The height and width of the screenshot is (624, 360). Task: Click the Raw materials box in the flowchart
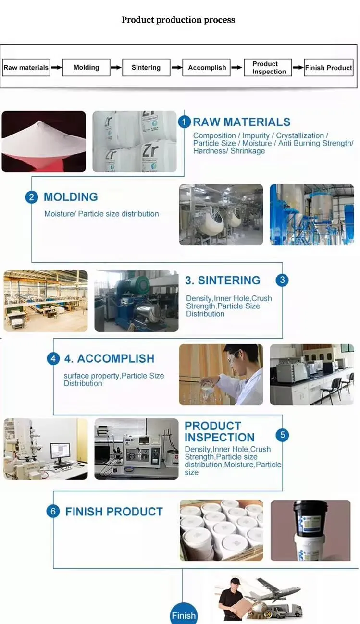pyautogui.click(x=26, y=68)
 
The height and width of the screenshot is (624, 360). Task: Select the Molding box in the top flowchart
pyautogui.click(x=86, y=68)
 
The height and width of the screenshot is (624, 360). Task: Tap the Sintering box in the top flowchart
pyautogui.click(x=146, y=68)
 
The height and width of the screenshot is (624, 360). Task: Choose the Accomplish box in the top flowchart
pyautogui.click(x=207, y=68)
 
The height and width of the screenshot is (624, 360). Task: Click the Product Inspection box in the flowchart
pyautogui.click(x=268, y=68)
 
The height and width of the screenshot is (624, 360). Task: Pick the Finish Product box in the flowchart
pyautogui.click(x=329, y=68)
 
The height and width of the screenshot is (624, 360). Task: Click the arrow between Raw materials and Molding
pyautogui.click(x=56, y=68)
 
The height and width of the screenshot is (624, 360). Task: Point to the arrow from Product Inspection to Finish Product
pyautogui.click(x=298, y=68)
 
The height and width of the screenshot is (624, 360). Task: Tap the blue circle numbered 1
pyautogui.click(x=185, y=122)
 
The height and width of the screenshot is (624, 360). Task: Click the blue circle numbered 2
pyautogui.click(x=32, y=197)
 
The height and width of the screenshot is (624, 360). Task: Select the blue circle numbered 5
pyautogui.click(x=282, y=435)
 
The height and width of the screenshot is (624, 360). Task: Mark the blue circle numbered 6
pyautogui.click(x=53, y=511)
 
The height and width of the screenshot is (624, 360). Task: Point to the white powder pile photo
pyautogui.click(x=44, y=142)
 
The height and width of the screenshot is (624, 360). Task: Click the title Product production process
pyautogui.click(x=178, y=20)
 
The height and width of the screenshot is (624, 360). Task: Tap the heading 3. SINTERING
pyautogui.click(x=223, y=281)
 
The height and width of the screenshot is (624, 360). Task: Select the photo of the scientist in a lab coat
pyautogui.click(x=221, y=374)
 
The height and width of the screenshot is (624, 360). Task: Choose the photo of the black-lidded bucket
pyautogui.click(x=310, y=530)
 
